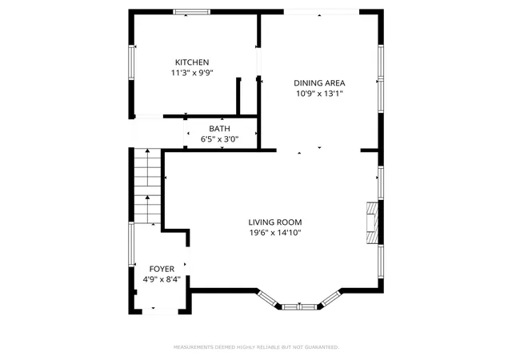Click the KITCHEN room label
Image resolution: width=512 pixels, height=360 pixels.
point(192,62)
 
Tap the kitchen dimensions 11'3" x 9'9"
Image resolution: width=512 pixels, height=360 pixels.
point(192,73)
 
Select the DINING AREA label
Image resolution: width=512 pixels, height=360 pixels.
point(319,83)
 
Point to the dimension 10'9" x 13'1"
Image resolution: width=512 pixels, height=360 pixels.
point(319,94)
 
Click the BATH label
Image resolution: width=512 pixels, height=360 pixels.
point(219,129)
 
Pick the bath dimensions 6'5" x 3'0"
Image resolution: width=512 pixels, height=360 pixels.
point(219,139)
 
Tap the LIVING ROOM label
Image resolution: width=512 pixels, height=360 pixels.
point(275,222)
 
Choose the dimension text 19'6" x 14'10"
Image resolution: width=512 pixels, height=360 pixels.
point(275,233)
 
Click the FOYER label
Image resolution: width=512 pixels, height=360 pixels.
point(162,269)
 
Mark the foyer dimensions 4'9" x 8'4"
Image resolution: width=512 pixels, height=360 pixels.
point(162,280)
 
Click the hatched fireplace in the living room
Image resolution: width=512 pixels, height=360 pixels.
point(372,223)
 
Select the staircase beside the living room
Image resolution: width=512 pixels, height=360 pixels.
point(147,186)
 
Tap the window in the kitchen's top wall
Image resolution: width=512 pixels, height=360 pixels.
point(192,12)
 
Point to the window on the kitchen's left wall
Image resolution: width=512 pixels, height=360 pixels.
point(131,62)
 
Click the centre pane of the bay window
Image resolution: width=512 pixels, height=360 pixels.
point(299,306)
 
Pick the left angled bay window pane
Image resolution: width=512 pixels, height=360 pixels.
point(267,298)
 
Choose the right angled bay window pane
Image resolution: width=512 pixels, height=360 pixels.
point(331,298)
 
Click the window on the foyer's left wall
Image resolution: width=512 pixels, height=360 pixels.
point(131,244)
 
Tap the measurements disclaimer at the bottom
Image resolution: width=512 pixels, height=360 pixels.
point(256,347)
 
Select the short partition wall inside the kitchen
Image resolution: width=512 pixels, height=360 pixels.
point(238,96)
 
